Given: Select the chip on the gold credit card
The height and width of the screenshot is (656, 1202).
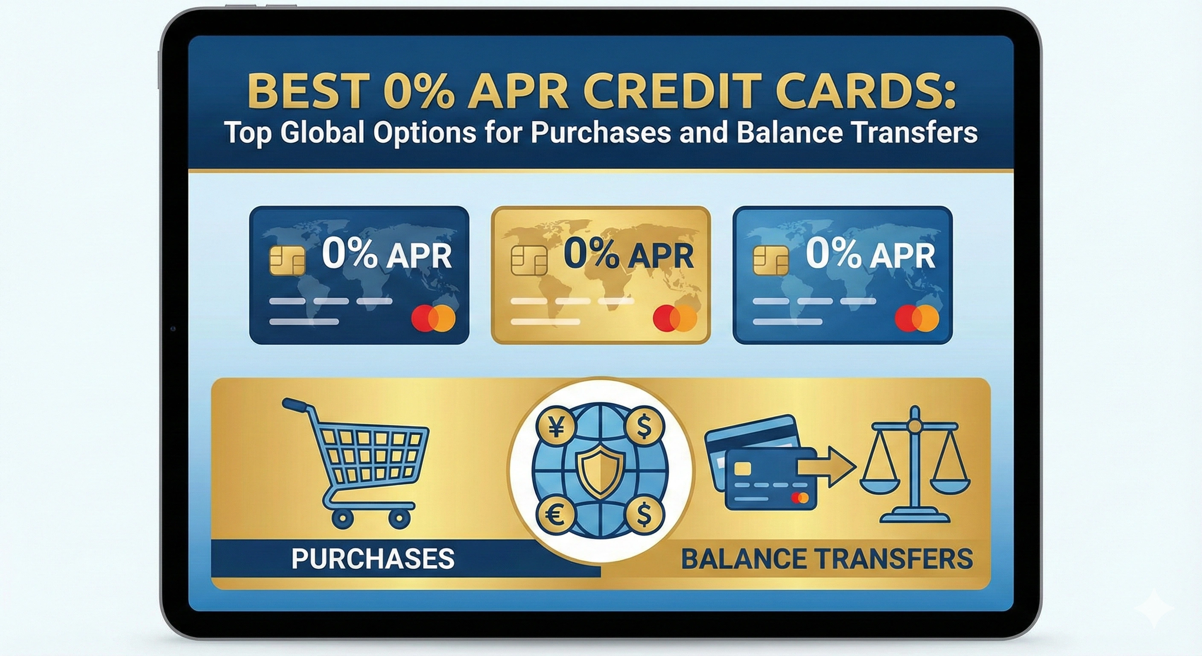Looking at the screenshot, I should (529, 261).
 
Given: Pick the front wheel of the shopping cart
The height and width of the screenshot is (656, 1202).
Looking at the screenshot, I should (400, 518).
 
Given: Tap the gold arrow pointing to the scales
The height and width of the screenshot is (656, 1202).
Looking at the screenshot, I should (826, 467).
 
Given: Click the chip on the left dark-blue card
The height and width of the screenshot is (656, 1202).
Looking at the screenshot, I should (287, 261).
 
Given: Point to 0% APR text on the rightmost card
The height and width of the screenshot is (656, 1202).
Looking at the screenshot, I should (870, 255).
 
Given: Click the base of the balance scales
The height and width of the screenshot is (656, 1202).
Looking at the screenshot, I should (915, 517).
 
